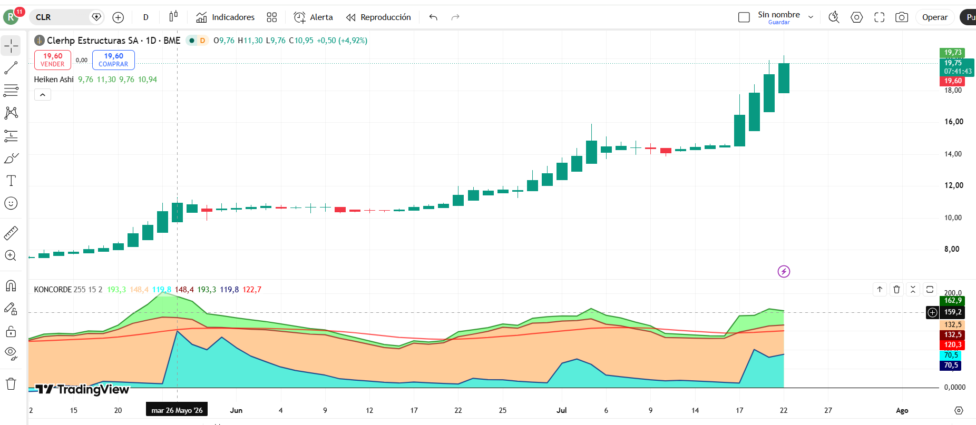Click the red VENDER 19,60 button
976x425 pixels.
coord(53,60)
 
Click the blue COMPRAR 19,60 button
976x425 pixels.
coord(113,60)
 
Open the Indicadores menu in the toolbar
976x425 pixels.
coord(225,17)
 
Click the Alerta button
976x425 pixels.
coord(314,17)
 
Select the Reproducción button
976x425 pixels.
coord(378,17)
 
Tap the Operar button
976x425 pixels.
coord(935,17)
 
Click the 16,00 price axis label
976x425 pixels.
coord(953,122)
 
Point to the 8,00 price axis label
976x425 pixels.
coord(951,249)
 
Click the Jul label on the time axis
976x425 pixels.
coord(562,410)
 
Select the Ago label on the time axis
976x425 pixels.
coord(902,410)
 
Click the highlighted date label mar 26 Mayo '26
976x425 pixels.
coord(177,410)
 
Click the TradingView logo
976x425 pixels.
coord(82,389)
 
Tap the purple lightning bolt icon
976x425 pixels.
coord(784,272)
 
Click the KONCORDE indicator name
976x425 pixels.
coord(53,290)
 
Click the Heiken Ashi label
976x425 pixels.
coord(54,80)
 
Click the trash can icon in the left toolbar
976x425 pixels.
coord(11,383)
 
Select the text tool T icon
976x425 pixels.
coord(11,181)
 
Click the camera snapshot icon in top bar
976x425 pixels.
coord(902,17)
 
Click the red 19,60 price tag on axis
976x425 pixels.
coord(952,81)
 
